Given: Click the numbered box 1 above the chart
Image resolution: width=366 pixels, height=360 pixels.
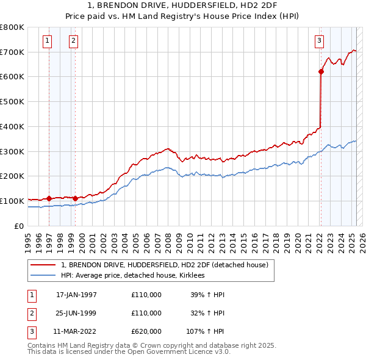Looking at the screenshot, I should coord(48,41).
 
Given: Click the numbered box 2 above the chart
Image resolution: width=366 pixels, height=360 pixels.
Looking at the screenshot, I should coord(73,41).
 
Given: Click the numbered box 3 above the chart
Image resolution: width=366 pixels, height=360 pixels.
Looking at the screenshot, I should coord(319,41).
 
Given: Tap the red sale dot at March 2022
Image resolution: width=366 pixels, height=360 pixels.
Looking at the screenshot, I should coord(321,71).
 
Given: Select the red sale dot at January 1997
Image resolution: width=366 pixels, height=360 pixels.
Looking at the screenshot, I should coord(49,198).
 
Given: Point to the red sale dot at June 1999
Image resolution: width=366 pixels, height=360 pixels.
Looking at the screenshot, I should coord(75,198).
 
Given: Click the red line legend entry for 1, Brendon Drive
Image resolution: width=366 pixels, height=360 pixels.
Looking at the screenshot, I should coord(165,265).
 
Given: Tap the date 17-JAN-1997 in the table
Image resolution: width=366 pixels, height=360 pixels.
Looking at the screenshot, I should coord(76,295).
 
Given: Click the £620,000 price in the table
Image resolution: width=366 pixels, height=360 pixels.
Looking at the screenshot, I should coord(146,332).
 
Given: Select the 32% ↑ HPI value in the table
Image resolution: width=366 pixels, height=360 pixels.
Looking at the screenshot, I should coord(208,313).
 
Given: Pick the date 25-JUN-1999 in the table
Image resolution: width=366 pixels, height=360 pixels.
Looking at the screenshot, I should coord(76,313).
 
